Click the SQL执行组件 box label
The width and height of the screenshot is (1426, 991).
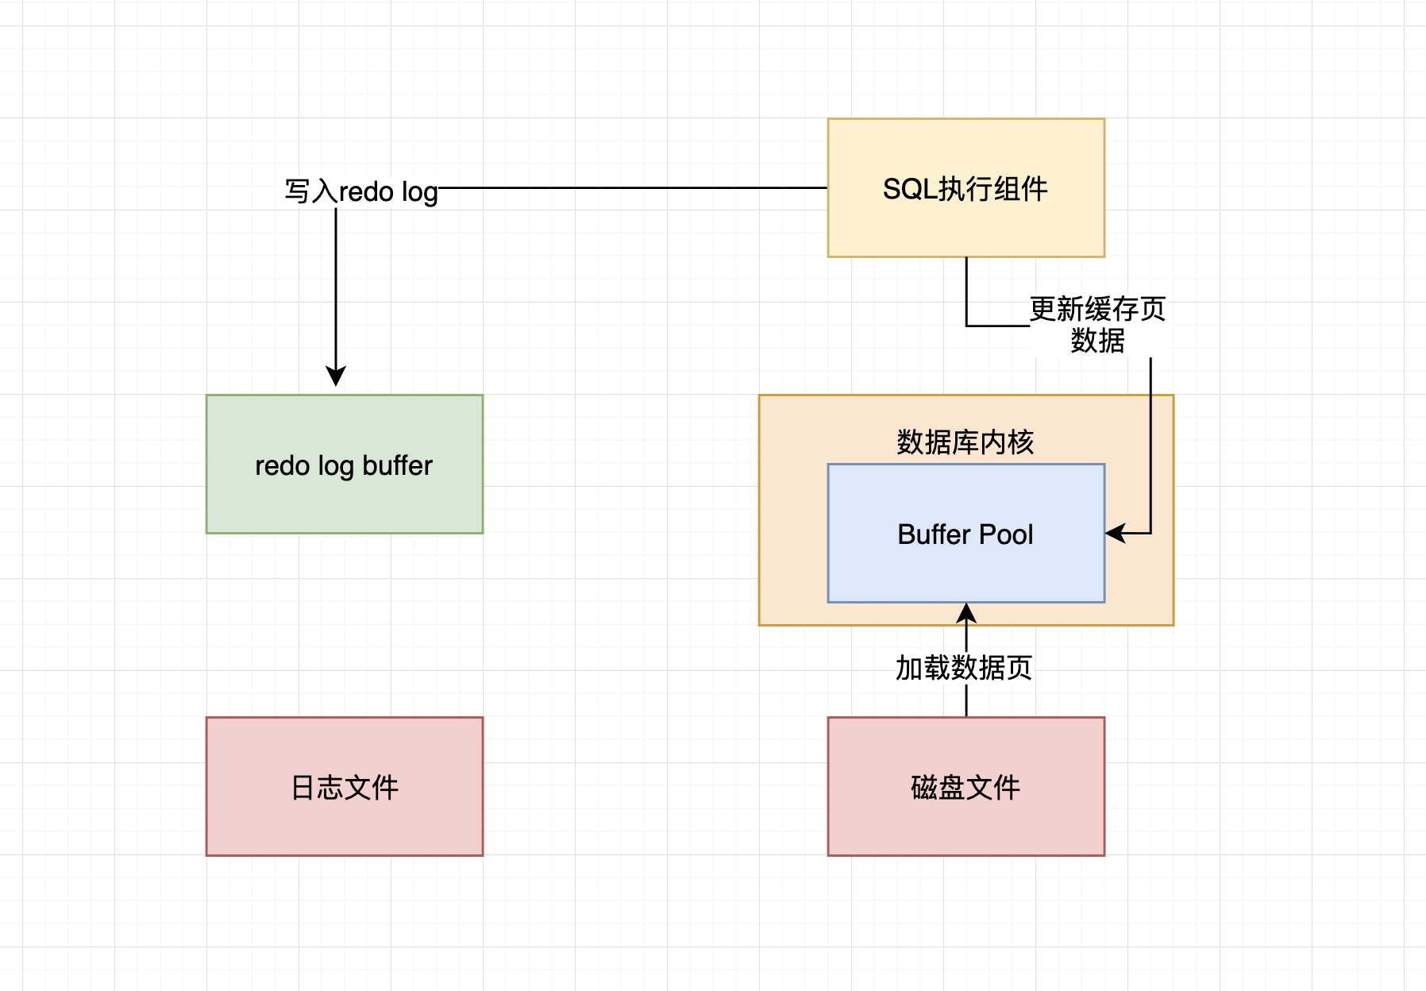click(965, 189)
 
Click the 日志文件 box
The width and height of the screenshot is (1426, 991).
click(344, 786)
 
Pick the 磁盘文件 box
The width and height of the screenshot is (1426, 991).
click(965, 786)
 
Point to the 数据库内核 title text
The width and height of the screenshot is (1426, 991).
click(965, 442)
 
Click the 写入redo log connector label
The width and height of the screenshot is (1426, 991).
click(361, 191)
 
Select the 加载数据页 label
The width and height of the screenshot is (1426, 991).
click(963, 668)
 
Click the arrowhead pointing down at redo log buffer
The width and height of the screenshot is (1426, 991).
click(336, 376)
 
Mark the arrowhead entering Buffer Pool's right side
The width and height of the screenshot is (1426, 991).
click(1115, 534)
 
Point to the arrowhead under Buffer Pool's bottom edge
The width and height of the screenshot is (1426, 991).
click(966, 612)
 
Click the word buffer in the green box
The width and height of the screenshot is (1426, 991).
click(397, 465)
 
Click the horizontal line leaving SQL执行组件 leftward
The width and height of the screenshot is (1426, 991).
click(635, 188)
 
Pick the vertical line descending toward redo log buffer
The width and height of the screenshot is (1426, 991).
click(336, 286)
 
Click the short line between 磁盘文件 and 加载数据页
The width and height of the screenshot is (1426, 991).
click(966, 700)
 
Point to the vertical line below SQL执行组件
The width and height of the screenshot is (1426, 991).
click(966, 290)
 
